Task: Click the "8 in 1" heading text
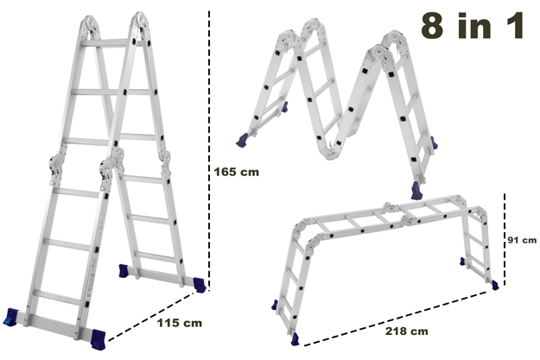point(472,25)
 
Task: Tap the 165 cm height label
point(236,172)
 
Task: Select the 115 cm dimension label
point(180,323)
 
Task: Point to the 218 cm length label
point(407,332)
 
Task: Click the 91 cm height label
point(522,240)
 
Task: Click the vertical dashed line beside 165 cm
point(209,148)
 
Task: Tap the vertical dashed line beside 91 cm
point(505,239)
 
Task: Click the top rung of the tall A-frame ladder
point(105,43)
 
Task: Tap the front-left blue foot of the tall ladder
point(10,317)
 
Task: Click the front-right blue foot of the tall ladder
point(98,339)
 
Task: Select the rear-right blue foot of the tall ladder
point(200,285)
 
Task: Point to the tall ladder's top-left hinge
point(90,25)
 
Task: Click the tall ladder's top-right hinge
point(140,22)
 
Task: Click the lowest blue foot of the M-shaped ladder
point(417,191)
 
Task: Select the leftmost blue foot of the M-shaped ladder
point(243,140)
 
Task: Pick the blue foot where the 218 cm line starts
point(295,339)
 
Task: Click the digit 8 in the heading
point(432,25)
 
